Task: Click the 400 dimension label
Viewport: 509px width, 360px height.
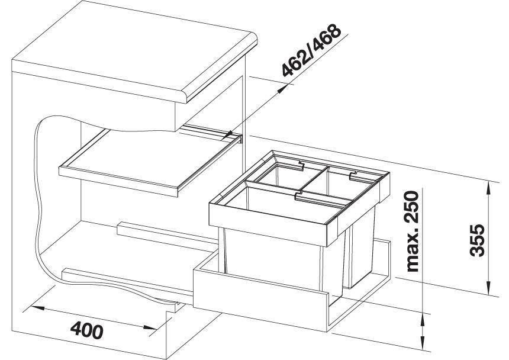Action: (x=87, y=330)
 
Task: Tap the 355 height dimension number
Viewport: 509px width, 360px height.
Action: (x=477, y=240)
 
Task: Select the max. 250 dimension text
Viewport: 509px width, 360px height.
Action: (x=413, y=231)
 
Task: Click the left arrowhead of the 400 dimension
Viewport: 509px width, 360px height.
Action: (x=37, y=307)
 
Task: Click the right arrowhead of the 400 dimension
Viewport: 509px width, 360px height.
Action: (x=150, y=327)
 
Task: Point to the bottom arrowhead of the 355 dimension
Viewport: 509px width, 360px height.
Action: (x=488, y=288)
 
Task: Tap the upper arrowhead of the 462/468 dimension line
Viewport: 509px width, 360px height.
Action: (x=282, y=89)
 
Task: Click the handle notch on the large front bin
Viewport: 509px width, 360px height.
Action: (x=300, y=196)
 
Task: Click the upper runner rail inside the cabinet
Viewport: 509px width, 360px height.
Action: (x=167, y=234)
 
